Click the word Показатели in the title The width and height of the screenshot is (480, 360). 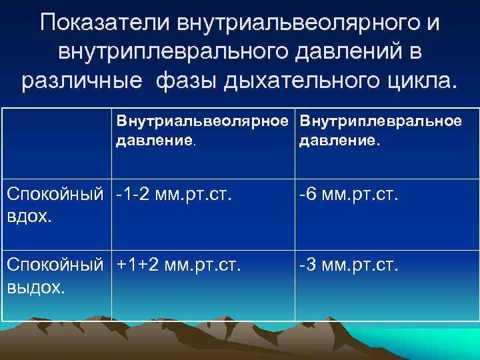coord(106,23)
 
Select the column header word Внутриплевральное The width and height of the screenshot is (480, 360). coord(381,123)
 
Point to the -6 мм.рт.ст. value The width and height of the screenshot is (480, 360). coord(349,195)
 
